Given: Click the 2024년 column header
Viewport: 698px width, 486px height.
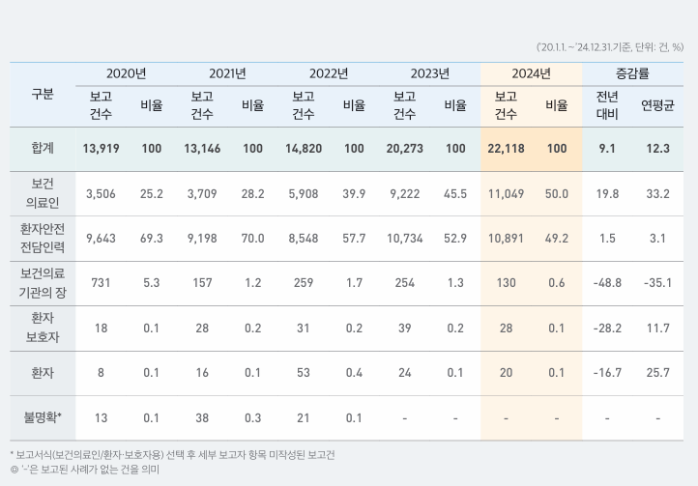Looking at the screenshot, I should click(531, 73).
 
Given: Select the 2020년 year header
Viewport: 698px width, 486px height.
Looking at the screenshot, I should click(126, 73).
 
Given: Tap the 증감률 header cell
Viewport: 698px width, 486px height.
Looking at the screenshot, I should click(632, 73).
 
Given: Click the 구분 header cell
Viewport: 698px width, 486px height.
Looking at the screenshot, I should click(43, 95).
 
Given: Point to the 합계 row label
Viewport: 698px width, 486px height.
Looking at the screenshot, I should click(43, 149).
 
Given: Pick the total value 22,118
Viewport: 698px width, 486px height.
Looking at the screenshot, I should click(506, 149).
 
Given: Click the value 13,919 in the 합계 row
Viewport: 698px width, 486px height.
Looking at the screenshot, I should click(101, 149).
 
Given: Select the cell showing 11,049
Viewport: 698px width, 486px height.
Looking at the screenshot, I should click(506, 194).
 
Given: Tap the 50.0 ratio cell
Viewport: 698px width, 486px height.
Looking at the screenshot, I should click(557, 194).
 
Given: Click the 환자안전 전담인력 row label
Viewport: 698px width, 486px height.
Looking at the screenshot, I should click(43, 239).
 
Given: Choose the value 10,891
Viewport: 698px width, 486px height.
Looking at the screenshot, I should click(506, 239).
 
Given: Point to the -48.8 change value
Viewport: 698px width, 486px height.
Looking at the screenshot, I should click(607, 283).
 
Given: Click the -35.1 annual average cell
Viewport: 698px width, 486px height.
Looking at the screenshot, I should click(657, 283).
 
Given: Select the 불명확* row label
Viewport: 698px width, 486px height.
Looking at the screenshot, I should click(43, 418).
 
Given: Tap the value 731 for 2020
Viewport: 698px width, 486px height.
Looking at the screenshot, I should click(101, 283).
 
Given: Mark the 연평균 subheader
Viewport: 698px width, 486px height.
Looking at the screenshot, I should click(657, 105).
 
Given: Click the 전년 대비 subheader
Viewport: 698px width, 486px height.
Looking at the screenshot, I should click(607, 105).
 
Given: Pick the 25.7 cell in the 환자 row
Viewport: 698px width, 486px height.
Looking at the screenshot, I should click(657, 373).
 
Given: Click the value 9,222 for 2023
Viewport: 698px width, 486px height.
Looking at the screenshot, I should click(404, 194).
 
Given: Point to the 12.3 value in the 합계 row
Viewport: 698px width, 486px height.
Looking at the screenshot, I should click(657, 149).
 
